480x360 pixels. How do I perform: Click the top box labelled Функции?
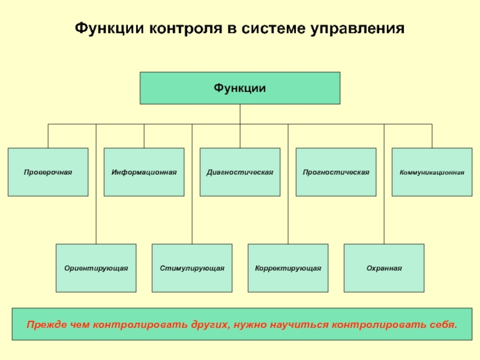[240, 88]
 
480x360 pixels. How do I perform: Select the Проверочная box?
[48, 172]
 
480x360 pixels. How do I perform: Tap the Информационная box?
[144, 172]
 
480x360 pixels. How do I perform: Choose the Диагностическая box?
[240, 172]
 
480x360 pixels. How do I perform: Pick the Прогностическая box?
[336, 172]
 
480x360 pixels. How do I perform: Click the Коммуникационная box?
[432, 172]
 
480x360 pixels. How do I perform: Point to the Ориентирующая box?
[96, 268]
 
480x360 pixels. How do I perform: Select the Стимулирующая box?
[192, 268]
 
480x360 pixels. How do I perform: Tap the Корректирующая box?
[288, 268]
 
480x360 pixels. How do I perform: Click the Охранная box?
[384, 268]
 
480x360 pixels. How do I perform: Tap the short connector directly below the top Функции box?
[240, 114]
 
